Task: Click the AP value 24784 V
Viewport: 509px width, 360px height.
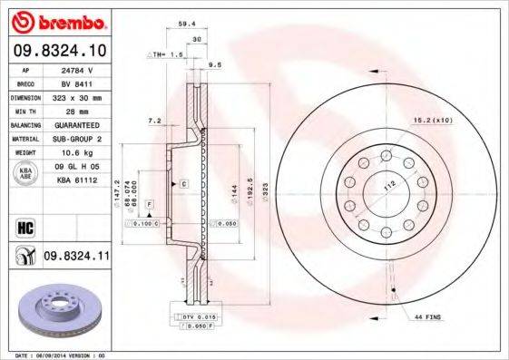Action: coord(78,71)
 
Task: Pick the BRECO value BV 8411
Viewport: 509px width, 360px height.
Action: coord(78,83)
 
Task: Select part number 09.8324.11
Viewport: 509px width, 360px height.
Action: coord(76,258)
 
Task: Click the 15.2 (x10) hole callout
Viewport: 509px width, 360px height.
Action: coord(433,119)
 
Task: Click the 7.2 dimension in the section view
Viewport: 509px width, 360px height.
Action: coord(153,121)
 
